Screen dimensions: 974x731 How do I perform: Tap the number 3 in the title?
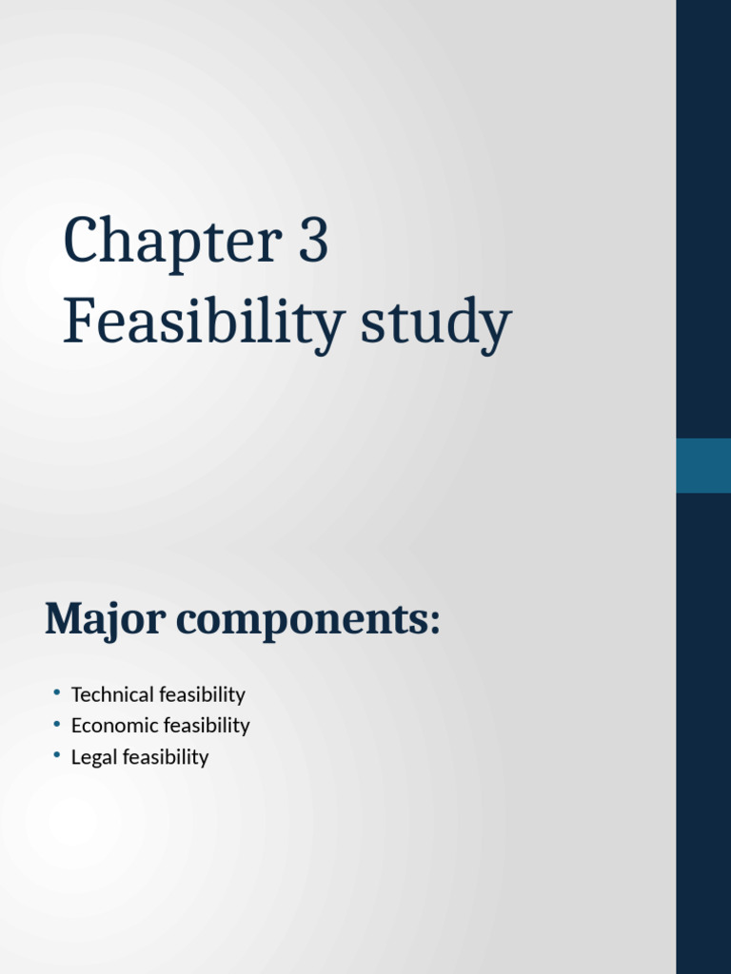[x=312, y=242]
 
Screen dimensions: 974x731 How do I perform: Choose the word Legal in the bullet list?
[x=90, y=757]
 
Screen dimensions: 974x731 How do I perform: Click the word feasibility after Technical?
[x=203, y=694]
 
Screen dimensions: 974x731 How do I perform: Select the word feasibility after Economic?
[x=207, y=726]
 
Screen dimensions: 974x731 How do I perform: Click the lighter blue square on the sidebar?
[x=703, y=465]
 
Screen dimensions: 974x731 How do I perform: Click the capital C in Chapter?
[x=81, y=242]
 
